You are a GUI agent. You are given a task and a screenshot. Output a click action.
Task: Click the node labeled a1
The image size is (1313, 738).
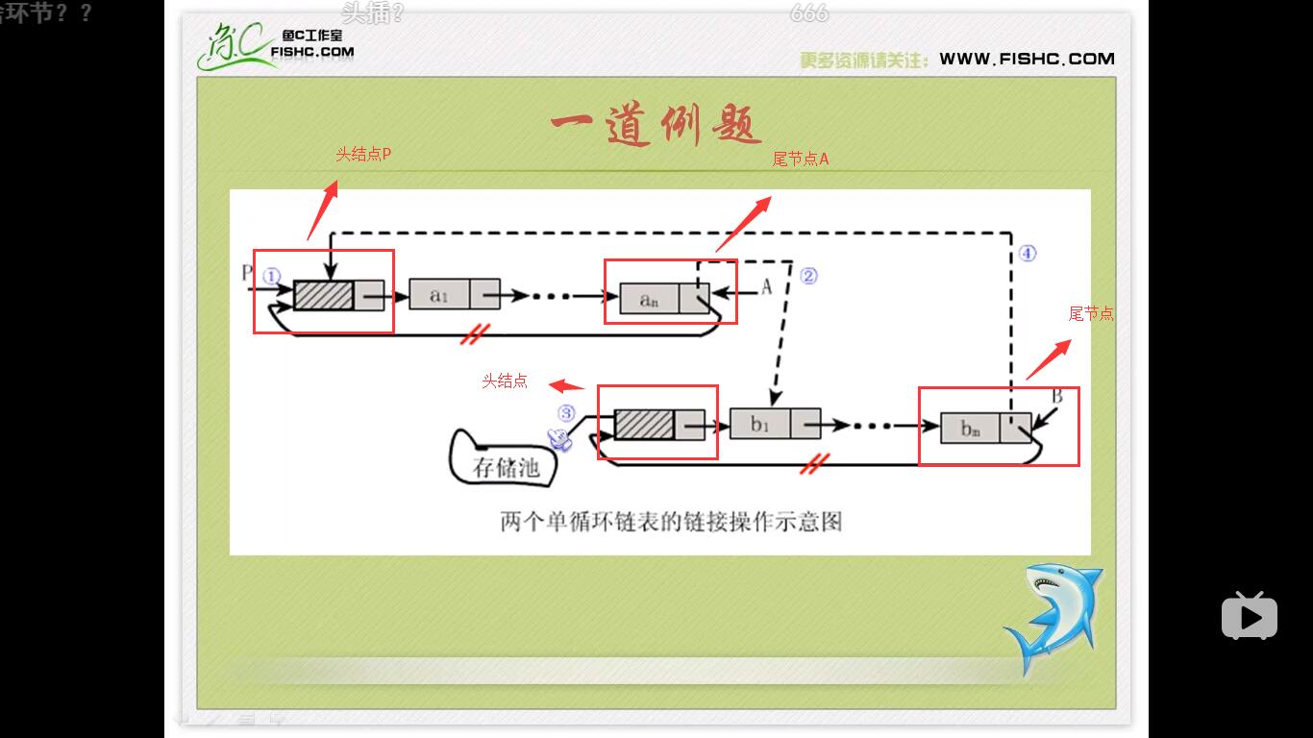[454, 295]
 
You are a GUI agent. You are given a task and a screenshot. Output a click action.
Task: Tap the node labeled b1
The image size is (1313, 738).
[775, 424]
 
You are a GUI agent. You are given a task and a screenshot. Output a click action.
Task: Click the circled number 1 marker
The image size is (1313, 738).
[271, 276]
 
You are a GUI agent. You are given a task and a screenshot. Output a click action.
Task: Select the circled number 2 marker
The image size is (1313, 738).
[808, 276]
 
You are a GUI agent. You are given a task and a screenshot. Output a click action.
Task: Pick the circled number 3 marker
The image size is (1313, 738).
[566, 413]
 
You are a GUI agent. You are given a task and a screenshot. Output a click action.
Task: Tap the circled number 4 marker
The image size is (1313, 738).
[1027, 254]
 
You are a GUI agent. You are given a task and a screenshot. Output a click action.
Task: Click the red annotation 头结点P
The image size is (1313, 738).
[363, 154]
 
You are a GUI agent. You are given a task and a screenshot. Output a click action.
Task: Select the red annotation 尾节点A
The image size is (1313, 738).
[800, 160]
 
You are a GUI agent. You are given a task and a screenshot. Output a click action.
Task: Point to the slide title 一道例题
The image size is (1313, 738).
[656, 126]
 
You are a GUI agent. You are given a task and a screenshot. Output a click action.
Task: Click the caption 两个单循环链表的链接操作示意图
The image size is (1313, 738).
[671, 522]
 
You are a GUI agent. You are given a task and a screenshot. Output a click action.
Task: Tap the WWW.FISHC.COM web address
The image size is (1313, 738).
[1027, 59]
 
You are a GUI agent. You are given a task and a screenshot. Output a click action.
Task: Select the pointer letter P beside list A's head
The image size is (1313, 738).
[246, 273]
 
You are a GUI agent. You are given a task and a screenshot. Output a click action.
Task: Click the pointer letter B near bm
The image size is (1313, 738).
[1056, 396]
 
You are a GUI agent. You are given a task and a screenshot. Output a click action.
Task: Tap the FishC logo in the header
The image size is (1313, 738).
[275, 47]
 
